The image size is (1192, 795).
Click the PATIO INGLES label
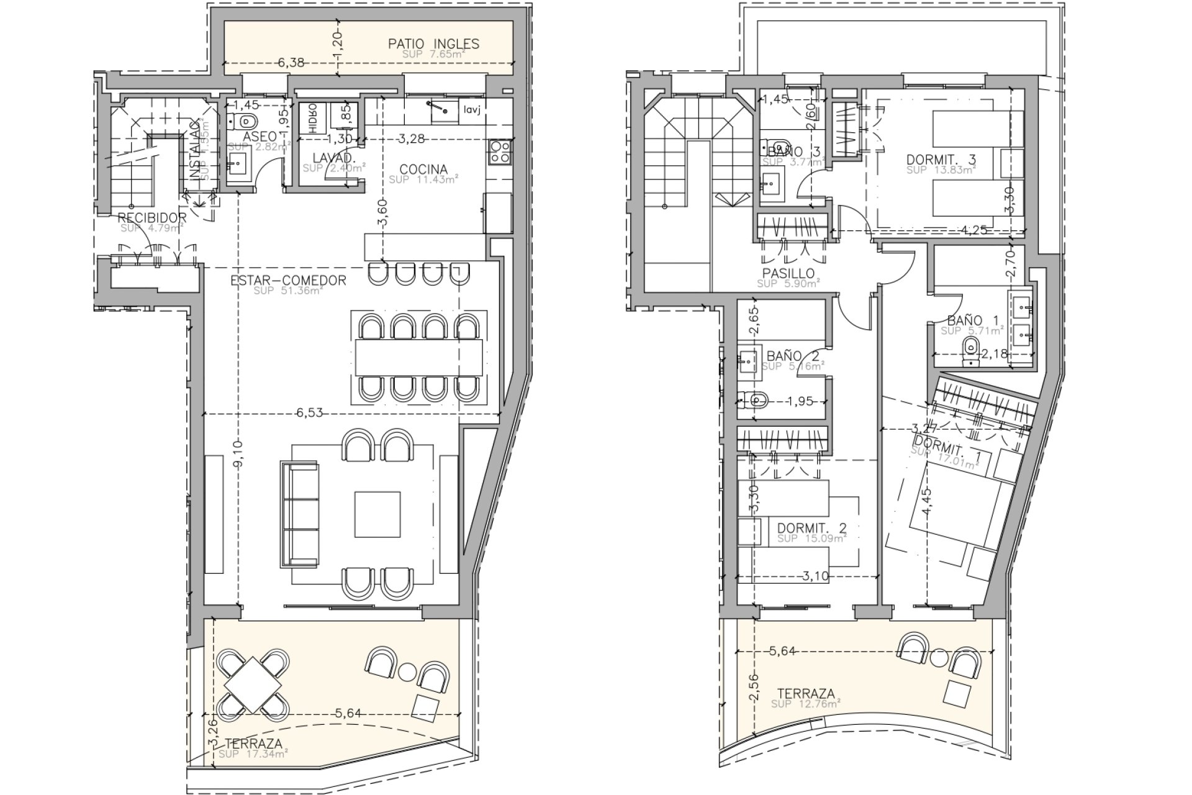click(433, 43)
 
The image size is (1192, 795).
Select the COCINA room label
click(423, 169)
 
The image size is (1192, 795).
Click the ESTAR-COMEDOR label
click(288, 281)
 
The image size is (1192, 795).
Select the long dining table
click(419, 357)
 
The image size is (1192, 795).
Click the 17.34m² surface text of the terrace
click(254, 753)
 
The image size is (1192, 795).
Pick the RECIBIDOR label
click(152, 217)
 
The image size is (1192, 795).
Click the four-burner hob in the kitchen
click(500, 152)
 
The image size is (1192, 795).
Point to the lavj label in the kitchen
click(471, 110)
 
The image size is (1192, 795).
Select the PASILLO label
click(788, 273)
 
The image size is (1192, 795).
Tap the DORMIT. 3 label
click(941, 160)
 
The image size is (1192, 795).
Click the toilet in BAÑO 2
click(755, 399)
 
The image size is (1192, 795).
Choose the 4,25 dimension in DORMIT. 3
click(973, 229)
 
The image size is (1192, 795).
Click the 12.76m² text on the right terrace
click(806, 704)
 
